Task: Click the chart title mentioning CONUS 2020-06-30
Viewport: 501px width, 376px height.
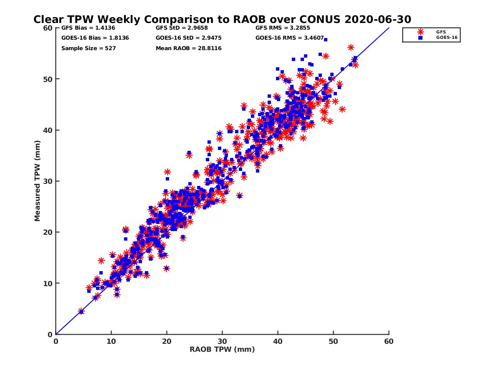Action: coord(222,19)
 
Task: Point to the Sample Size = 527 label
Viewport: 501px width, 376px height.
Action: coord(88,48)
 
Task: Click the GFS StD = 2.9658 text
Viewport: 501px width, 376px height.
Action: coord(180,28)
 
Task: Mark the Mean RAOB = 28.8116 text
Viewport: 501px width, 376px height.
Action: coord(188,48)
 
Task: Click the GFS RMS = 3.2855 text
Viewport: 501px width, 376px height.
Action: coord(280,28)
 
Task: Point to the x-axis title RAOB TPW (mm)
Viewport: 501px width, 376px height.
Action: coord(222,350)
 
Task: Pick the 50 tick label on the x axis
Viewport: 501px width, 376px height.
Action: coord(333,341)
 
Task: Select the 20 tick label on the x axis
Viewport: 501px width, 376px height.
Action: coord(167,341)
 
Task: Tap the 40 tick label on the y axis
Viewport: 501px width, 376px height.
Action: coord(48,130)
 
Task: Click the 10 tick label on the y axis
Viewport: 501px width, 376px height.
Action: coord(48,283)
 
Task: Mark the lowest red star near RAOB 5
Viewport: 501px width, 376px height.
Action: coord(81,311)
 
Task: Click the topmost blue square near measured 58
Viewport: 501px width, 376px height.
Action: coord(325,40)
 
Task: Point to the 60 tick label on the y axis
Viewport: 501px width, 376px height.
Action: coord(48,28)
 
